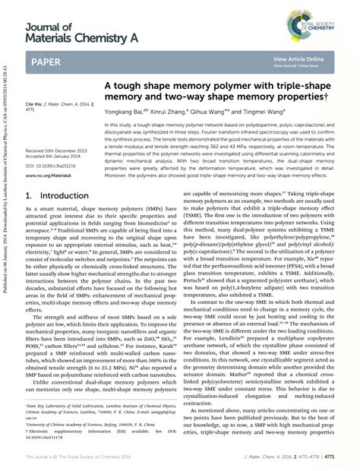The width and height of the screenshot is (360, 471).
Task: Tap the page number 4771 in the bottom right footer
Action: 342,457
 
